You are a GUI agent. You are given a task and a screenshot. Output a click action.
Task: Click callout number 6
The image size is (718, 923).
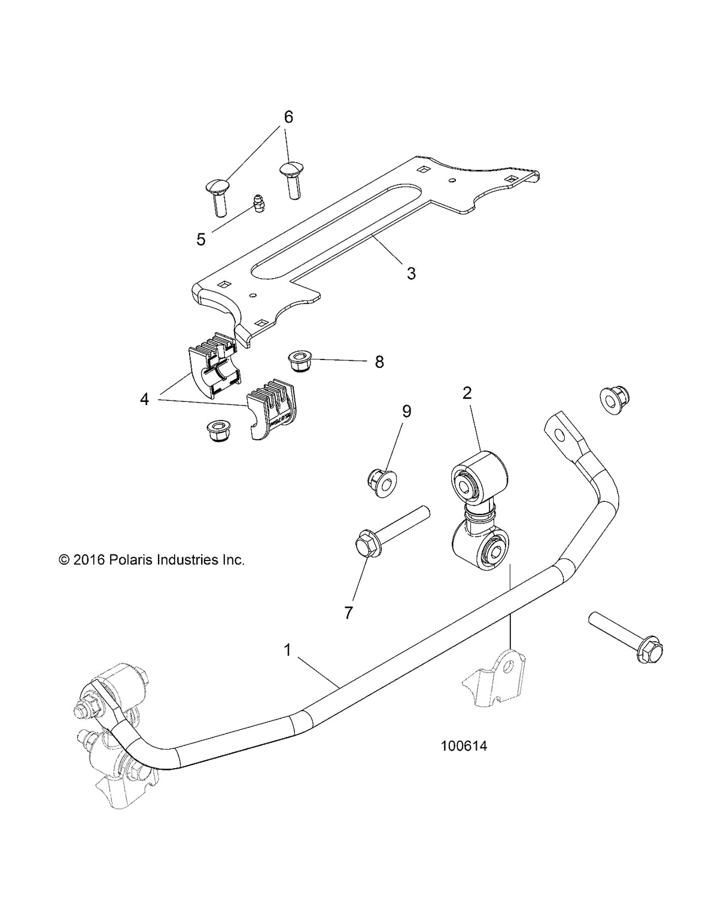pyautogui.click(x=288, y=117)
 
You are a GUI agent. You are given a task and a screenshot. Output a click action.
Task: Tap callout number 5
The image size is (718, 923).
pyautogui.click(x=201, y=239)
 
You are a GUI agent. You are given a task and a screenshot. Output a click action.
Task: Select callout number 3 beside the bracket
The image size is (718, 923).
pyautogui.click(x=410, y=273)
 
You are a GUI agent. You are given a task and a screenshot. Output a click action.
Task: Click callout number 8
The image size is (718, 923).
pyautogui.click(x=379, y=362)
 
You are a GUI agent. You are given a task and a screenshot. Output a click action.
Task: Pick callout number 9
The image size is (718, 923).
pyautogui.click(x=406, y=411)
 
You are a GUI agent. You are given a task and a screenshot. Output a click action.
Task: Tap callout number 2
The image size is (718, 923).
pyautogui.click(x=467, y=393)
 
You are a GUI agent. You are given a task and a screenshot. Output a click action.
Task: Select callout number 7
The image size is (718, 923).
pyautogui.click(x=348, y=612)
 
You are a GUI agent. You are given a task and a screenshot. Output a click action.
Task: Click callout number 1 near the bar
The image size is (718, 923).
pyautogui.click(x=287, y=650)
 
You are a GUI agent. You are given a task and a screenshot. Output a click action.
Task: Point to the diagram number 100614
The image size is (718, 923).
pyautogui.click(x=464, y=746)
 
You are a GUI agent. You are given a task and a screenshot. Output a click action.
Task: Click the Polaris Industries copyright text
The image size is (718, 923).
pyautogui.click(x=152, y=560)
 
